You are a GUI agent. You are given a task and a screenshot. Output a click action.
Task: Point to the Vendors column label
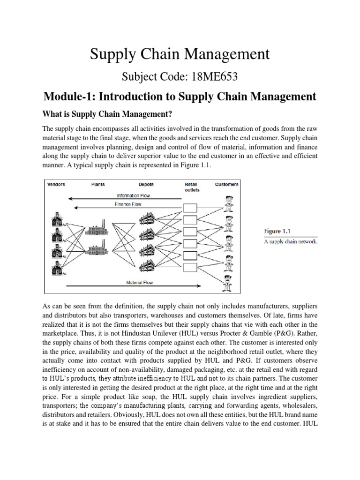coord(56,184)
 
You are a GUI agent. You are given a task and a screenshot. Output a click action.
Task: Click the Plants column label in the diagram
coord(98,184)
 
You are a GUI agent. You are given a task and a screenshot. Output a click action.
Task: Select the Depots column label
coord(146,184)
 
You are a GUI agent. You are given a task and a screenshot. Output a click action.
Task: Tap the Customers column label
coord(227,184)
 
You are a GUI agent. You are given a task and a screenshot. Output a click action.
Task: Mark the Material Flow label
coord(140,283)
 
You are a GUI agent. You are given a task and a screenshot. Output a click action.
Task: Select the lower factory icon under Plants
coord(99,248)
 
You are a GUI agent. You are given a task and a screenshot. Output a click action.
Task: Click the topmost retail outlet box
coord(190,208)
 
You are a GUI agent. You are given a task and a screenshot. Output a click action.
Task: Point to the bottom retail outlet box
coord(190,268)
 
